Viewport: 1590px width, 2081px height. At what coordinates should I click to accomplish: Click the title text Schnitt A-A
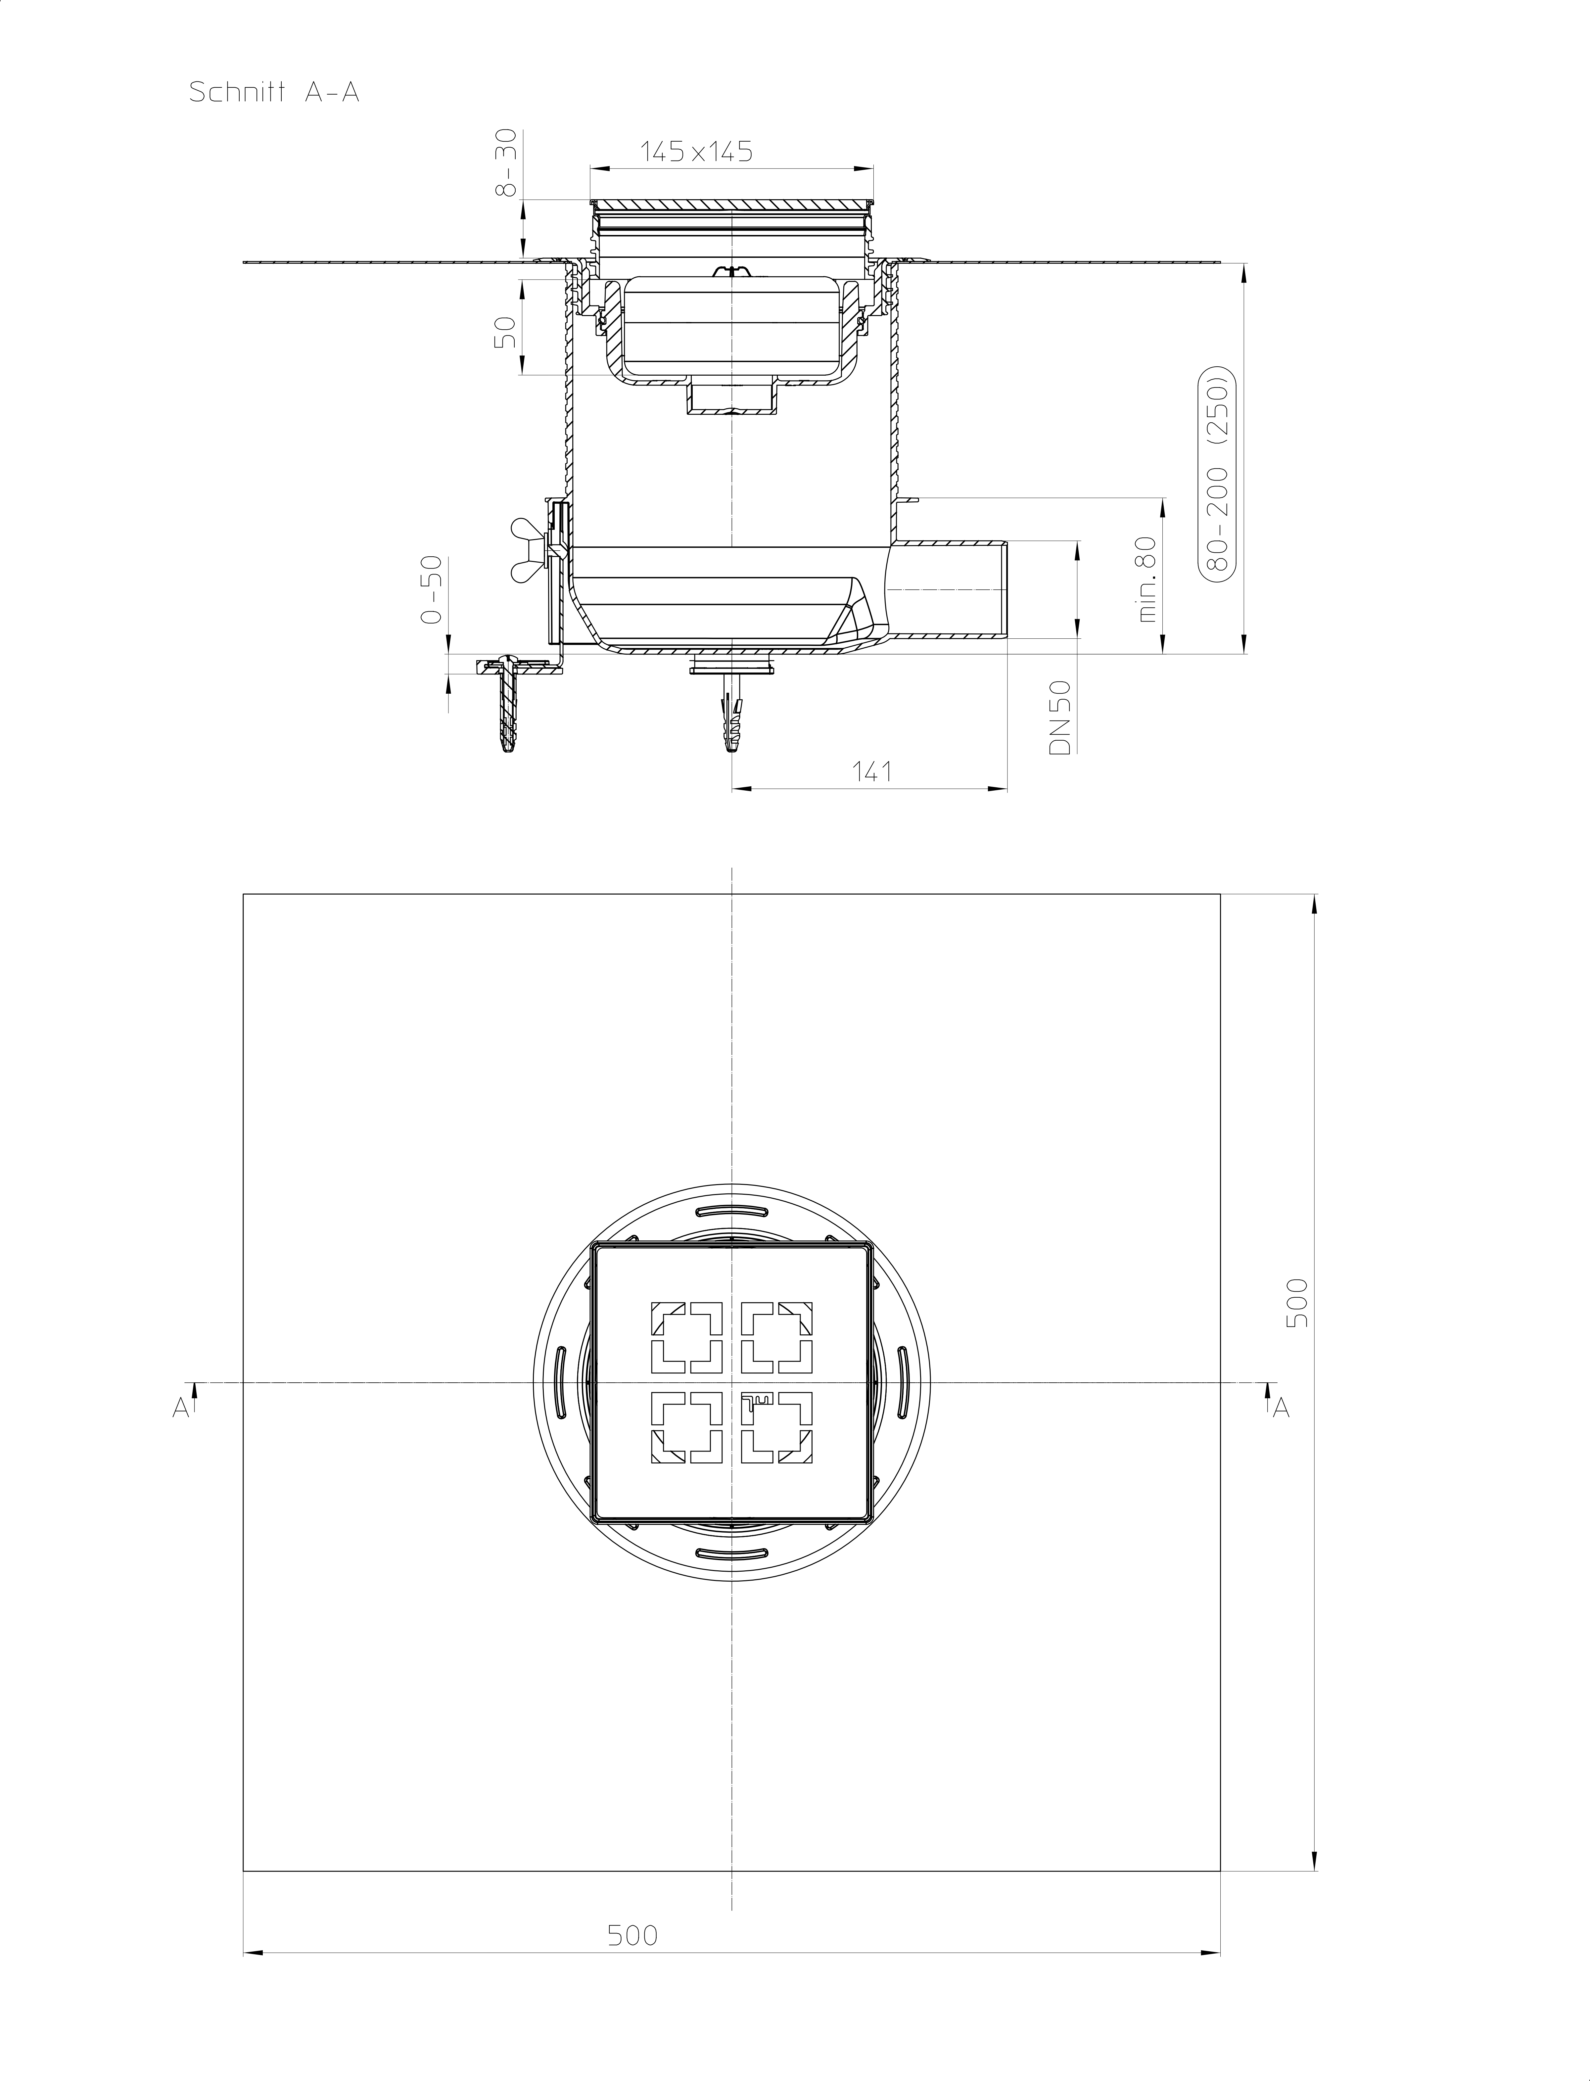[274, 93]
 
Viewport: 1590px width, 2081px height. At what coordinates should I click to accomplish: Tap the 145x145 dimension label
[697, 152]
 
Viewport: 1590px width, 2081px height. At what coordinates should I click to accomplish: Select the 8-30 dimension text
[507, 164]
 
